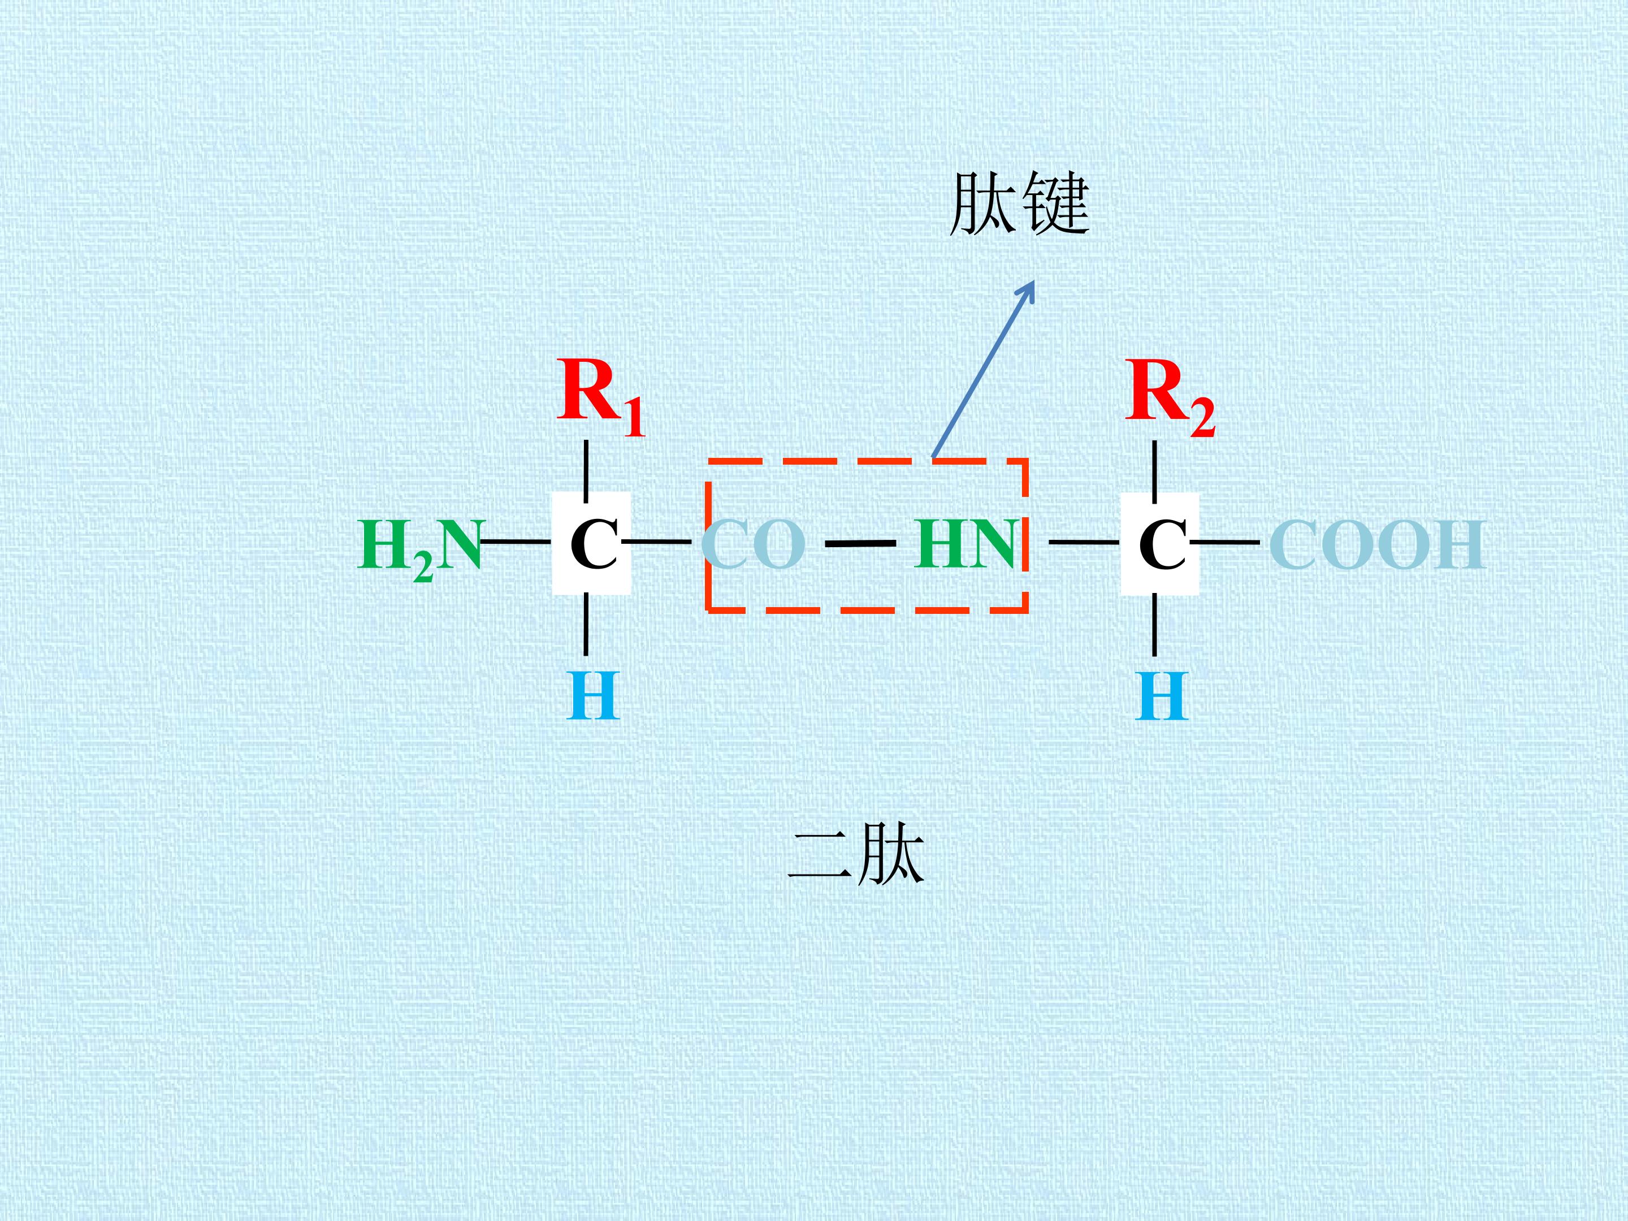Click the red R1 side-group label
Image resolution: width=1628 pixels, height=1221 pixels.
(x=600, y=397)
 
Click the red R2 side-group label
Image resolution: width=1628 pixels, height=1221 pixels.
(x=1170, y=397)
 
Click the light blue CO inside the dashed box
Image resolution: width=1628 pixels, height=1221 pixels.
(x=753, y=544)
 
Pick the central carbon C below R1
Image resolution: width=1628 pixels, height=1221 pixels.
(x=592, y=544)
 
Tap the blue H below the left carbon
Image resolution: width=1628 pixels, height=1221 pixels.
(x=593, y=695)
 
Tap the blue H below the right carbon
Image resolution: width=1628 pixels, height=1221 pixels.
(x=1162, y=695)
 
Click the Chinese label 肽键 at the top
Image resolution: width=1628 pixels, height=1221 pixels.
(x=1019, y=204)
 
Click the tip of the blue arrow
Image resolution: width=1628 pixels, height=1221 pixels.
(x=1034, y=280)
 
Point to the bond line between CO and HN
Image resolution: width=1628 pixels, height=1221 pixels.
(x=860, y=544)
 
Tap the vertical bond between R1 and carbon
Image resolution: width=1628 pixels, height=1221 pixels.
(x=585, y=471)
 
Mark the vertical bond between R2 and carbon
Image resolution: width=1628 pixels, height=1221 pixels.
(x=1154, y=471)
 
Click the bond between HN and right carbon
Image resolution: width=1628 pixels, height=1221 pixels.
(x=1084, y=543)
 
